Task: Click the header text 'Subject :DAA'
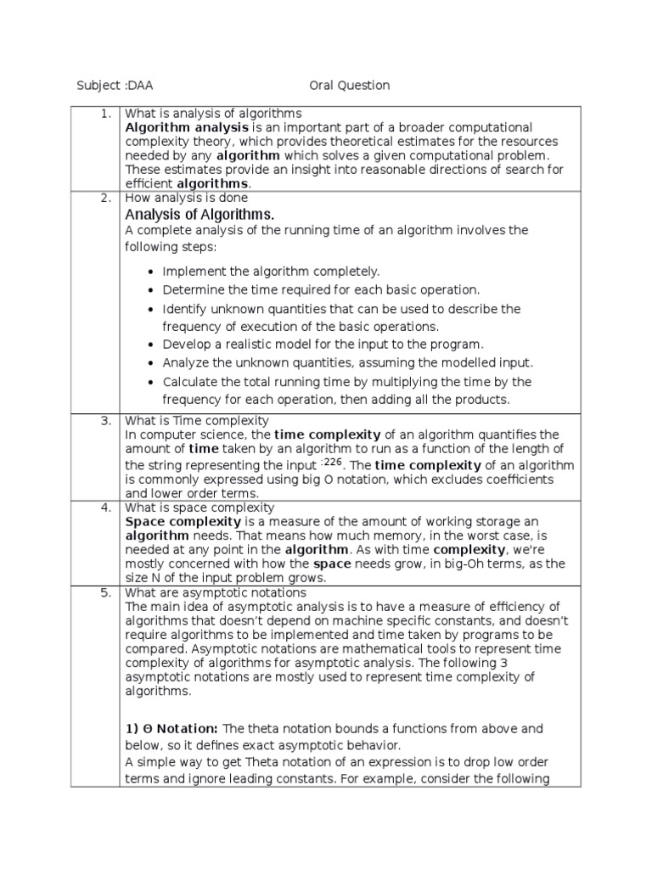pos(115,85)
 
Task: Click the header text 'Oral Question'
pos(349,85)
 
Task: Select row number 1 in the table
pos(106,113)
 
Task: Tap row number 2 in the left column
pos(106,198)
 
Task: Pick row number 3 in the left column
pos(106,420)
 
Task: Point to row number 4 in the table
pos(106,507)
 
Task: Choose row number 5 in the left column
pos(106,592)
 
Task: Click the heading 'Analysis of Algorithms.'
pos(200,213)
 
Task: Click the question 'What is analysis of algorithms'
pos(213,113)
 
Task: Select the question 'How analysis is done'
pos(187,198)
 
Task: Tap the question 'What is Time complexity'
pos(197,420)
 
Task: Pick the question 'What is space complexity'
pos(200,507)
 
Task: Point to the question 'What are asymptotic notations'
pos(216,592)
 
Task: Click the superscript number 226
pos(336,463)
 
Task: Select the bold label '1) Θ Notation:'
pos(172,728)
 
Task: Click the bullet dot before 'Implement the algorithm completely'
pos(150,272)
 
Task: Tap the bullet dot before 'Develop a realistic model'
pos(150,345)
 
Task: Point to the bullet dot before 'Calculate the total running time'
pos(150,382)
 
